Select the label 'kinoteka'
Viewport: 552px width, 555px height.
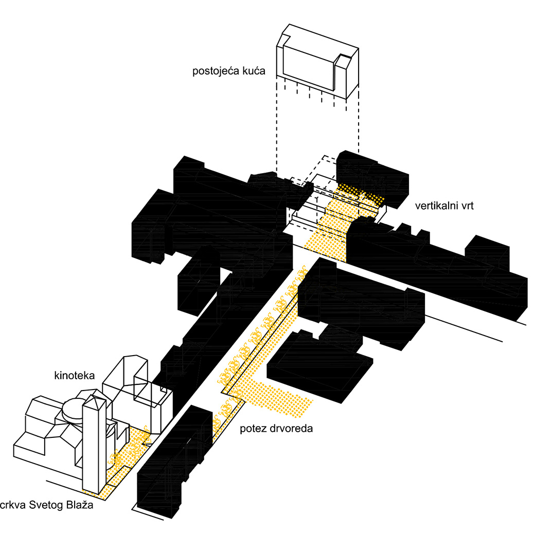click(x=75, y=376)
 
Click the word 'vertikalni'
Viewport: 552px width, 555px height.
click(x=437, y=207)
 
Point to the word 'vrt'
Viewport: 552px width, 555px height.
click(x=467, y=207)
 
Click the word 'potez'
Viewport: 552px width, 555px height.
click(x=253, y=428)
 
